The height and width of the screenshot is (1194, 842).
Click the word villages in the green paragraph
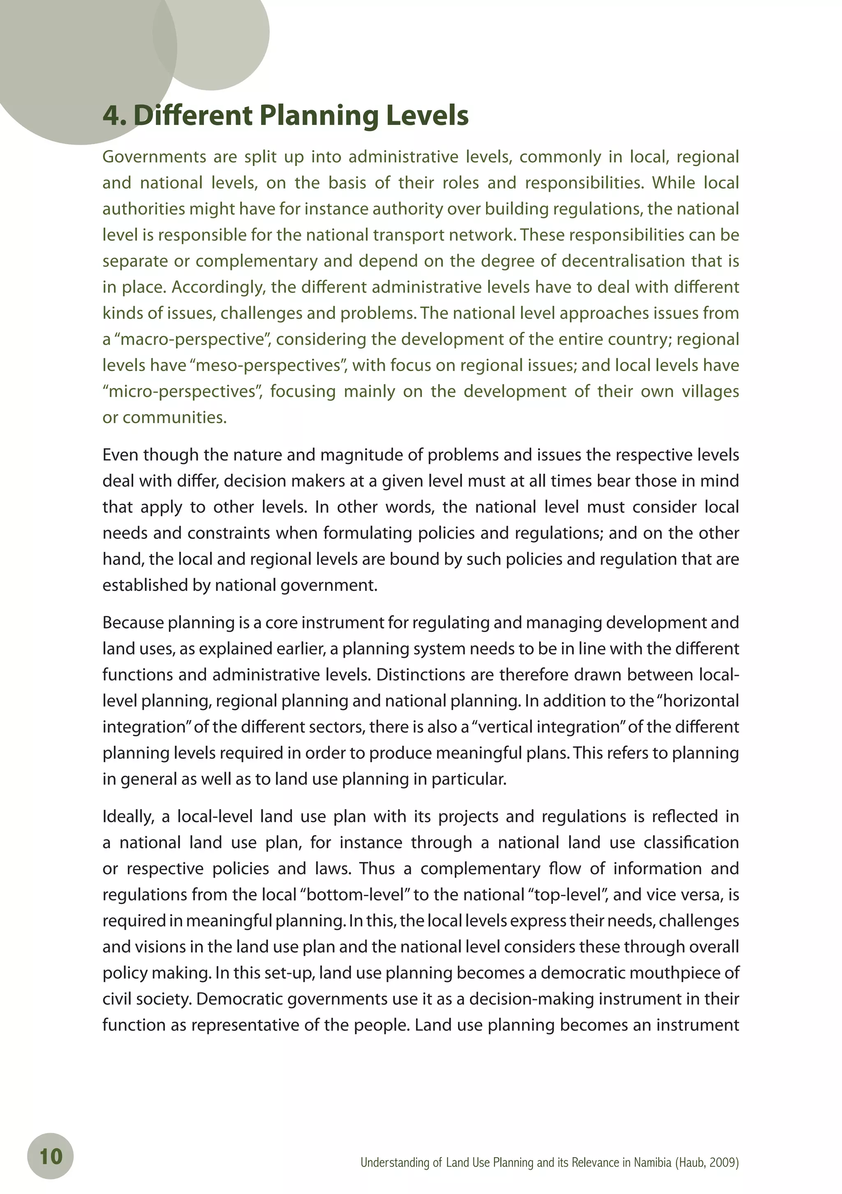click(708, 392)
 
